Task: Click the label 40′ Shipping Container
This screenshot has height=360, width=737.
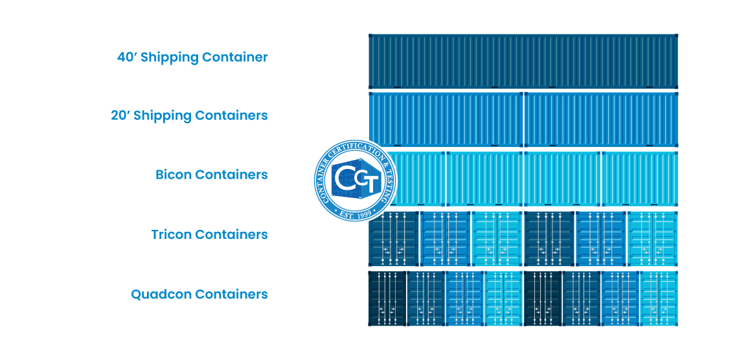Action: coord(192,57)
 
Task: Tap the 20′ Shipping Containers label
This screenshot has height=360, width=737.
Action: coord(189,115)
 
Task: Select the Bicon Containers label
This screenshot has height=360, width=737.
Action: coord(211,175)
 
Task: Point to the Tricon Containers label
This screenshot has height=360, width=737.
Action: coord(209,234)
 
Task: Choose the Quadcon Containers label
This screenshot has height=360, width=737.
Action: coord(199,294)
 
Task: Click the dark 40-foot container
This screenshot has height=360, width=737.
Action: coord(523,62)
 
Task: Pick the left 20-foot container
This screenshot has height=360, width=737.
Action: coord(446,120)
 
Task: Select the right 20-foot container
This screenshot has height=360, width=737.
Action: coord(601,120)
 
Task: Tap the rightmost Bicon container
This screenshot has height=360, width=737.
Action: coord(639,179)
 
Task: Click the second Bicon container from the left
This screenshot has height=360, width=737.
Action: coord(484,179)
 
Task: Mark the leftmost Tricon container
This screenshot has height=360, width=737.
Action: coord(394,238)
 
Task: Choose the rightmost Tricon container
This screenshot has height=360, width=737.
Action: coord(652,238)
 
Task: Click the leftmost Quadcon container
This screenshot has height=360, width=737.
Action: coord(387,298)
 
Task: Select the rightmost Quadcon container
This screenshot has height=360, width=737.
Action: coord(659,298)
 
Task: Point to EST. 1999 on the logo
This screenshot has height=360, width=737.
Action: coord(354,210)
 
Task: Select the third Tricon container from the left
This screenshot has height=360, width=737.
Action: coord(497,238)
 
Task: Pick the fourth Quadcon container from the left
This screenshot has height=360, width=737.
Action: coord(503,298)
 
